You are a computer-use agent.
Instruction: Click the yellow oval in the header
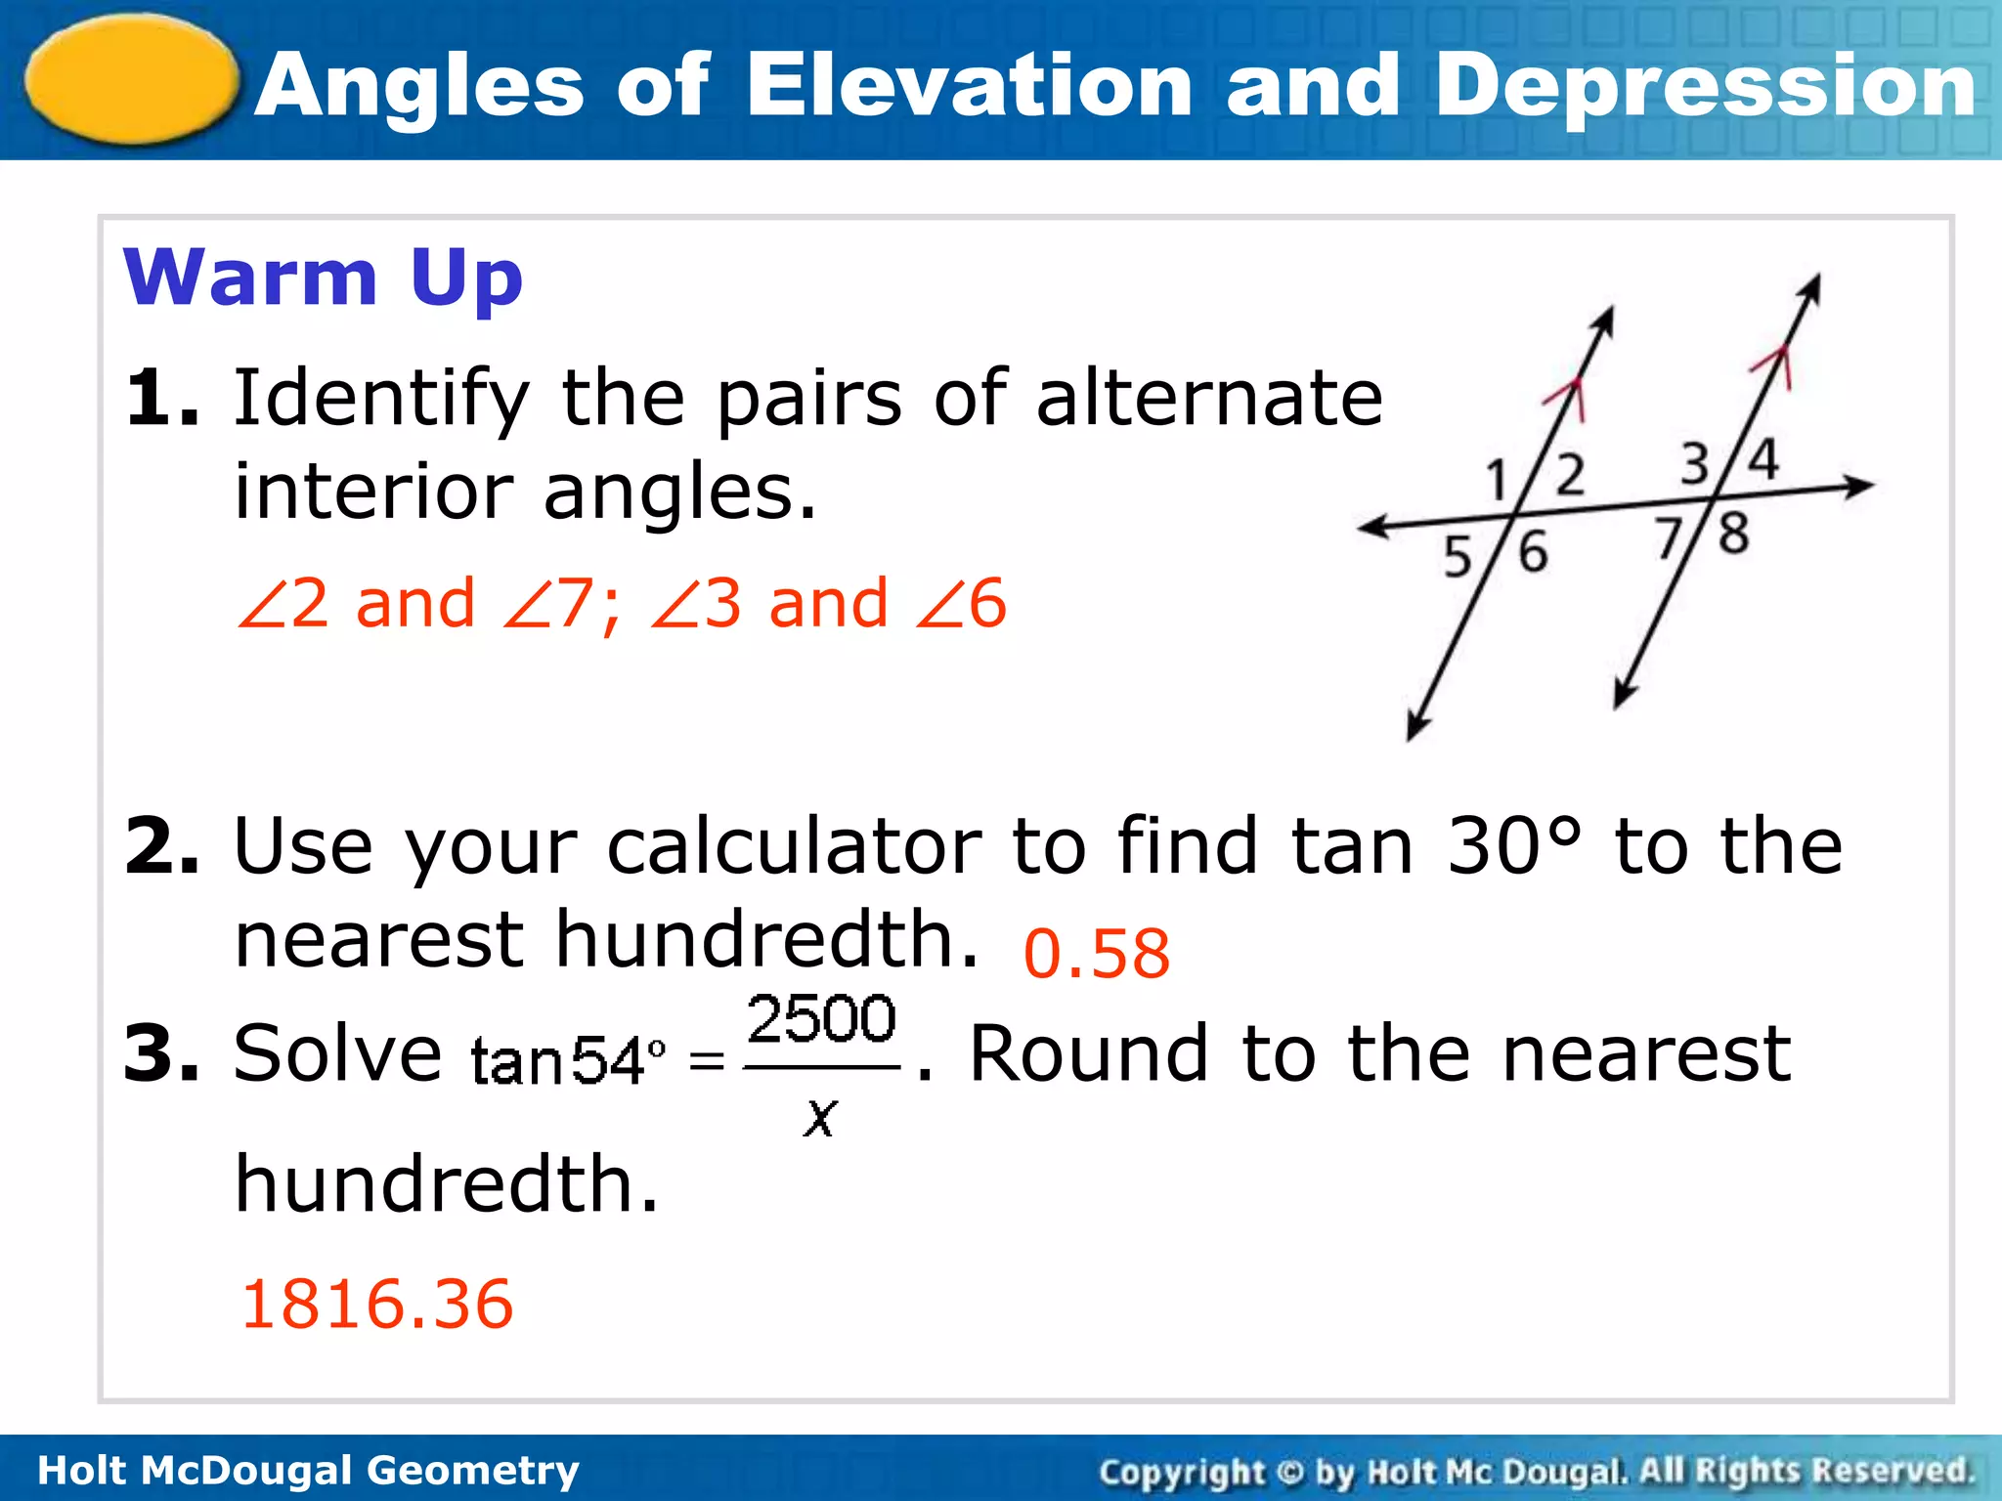[x=132, y=80]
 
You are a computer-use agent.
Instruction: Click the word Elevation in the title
[x=968, y=86]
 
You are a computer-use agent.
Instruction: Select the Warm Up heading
[x=323, y=278]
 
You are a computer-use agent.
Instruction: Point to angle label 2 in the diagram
[x=1569, y=475]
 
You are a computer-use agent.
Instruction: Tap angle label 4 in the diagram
[x=1763, y=459]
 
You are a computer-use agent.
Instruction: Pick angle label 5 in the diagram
[x=1458, y=557]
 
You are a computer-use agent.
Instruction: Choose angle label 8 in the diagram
[x=1733, y=535]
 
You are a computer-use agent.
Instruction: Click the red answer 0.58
[x=1096, y=954]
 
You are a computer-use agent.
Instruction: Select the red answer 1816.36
[x=377, y=1304]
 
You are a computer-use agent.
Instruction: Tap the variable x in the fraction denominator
[x=820, y=1116]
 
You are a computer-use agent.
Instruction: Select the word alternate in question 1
[x=1209, y=398]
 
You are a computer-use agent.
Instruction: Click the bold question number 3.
[x=161, y=1053]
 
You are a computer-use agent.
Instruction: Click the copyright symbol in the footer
[x=1290, y=1472]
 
